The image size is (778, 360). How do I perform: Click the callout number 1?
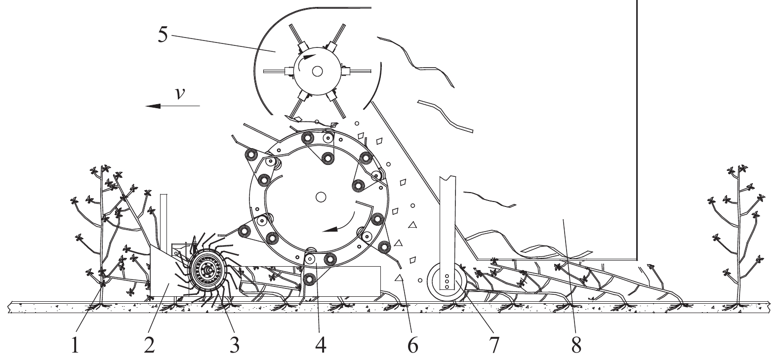(75, 345)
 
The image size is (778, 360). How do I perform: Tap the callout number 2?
(149, 345)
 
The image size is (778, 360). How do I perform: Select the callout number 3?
(235, 345)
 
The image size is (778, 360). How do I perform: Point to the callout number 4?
(321, 345)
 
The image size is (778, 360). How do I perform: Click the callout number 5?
(163, 34)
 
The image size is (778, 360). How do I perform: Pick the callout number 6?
(412, 345)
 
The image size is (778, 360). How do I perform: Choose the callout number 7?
(494, 345)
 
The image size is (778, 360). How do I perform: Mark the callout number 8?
(576, 345)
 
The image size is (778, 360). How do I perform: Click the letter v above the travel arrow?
(179, 93)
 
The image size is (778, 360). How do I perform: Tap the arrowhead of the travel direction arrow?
(153, 106)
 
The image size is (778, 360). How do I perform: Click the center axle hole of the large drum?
(321, 197)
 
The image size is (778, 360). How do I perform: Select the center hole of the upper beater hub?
(317, 71)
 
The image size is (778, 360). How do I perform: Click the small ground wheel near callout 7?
(447, 282)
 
